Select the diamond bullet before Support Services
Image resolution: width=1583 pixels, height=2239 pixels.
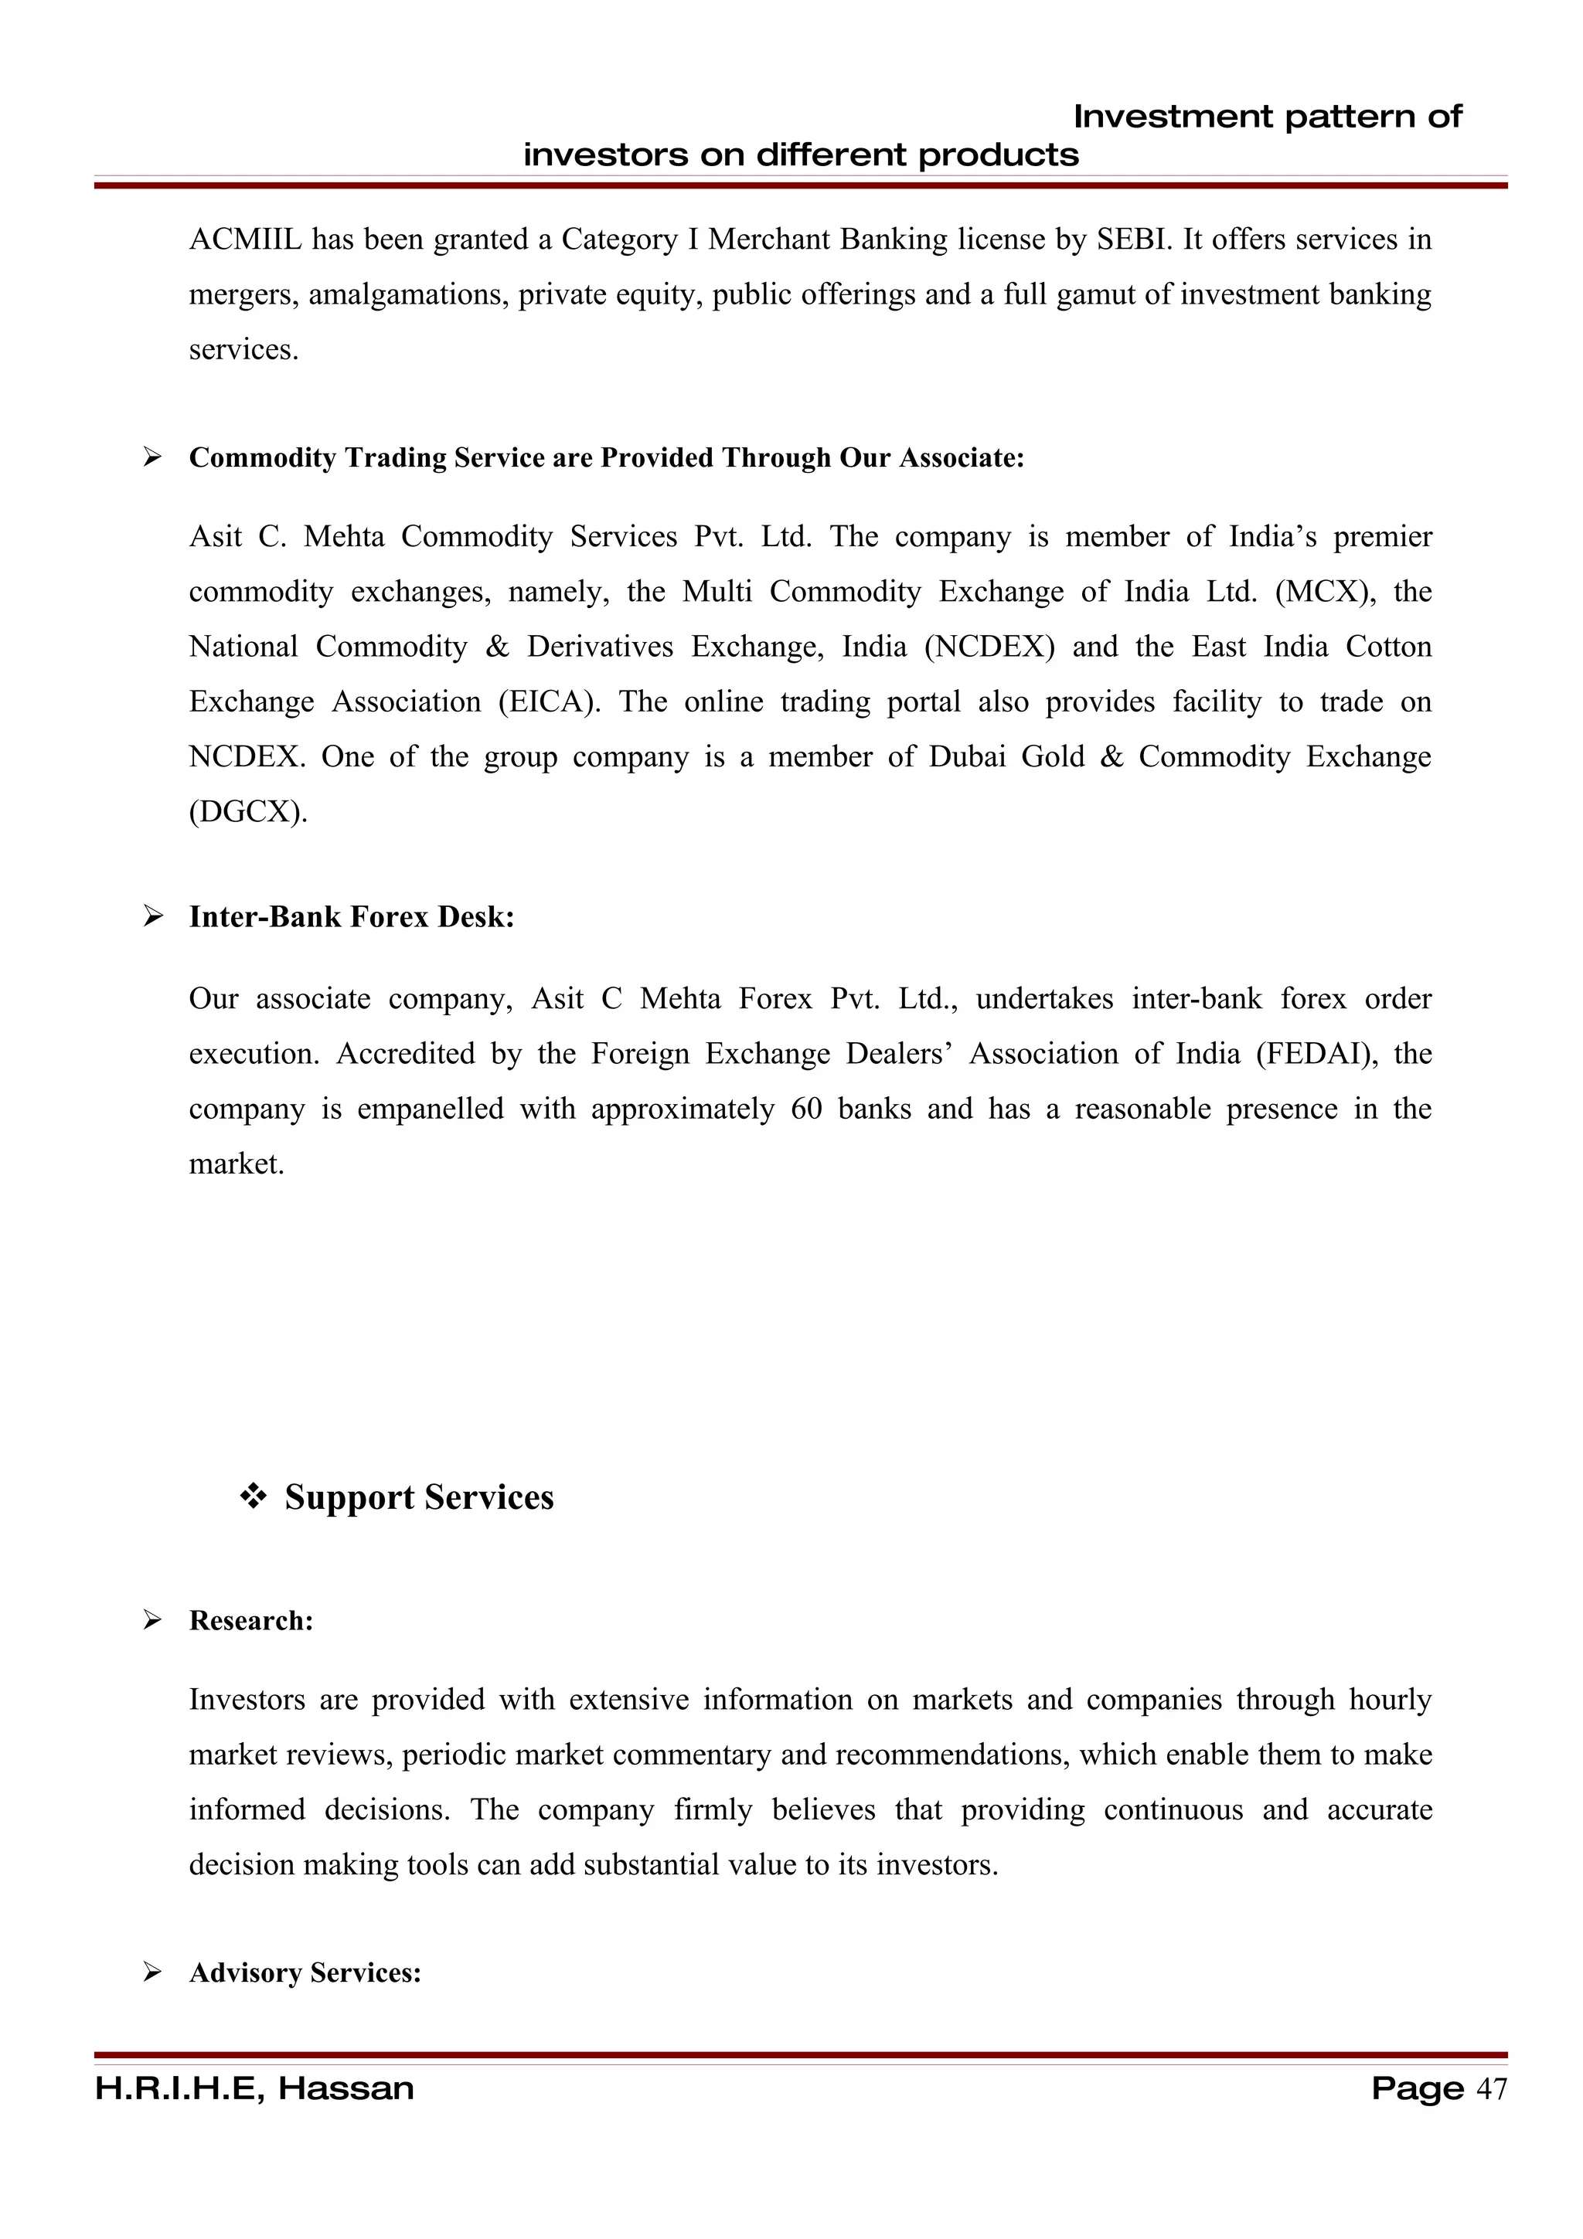[254, 1497]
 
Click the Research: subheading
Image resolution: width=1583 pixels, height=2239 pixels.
[250, 1621]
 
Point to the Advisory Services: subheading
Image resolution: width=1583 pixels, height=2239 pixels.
[305, 1972]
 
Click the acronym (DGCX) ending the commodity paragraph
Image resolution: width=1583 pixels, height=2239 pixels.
[248, 812]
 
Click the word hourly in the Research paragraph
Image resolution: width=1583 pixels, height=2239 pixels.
[1390, 1700]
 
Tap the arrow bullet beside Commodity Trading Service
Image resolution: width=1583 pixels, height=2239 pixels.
[152, 457]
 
